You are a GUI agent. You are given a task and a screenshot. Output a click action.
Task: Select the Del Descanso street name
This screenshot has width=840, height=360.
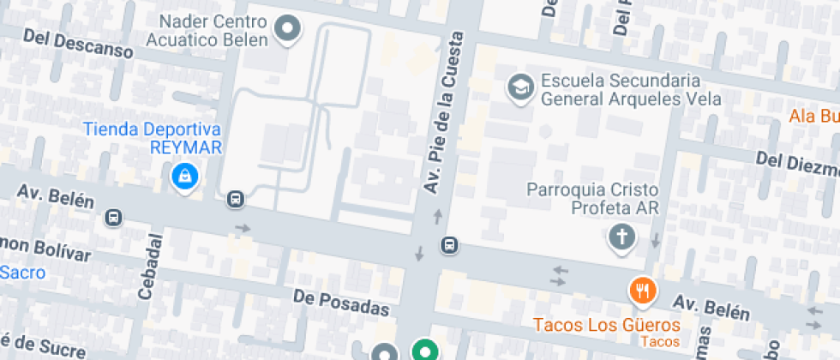point(78,44)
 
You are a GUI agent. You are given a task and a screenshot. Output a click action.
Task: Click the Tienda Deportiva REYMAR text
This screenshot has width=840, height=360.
point(152,138)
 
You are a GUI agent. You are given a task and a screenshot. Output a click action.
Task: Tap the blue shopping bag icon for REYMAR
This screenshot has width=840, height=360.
point(185,177)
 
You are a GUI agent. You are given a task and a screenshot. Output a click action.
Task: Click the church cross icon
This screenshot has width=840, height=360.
point(621,237)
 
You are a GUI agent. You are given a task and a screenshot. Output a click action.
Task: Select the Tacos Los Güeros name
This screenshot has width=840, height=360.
point(606,325)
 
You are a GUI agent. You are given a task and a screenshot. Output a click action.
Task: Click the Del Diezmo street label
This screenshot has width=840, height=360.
point(796,162)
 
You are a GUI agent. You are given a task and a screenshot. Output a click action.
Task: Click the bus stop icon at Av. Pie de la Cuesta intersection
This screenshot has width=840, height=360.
point(448,245)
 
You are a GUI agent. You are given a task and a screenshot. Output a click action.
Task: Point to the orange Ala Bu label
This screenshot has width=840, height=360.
point(813,117)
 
